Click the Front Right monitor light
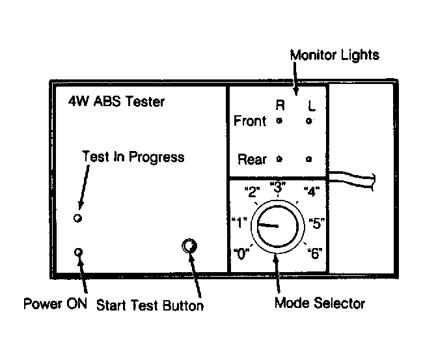point(279,120)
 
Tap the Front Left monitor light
point(309,121)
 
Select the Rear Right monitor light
point(279,159)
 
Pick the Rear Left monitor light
point(309,159)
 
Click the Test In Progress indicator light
point(77,218)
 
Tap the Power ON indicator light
point(78,252)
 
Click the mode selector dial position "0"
point(241,253)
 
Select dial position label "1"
point(239,223)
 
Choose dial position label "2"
point(252,191)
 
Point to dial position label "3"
point(278,187)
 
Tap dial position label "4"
point(312,191)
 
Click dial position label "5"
point(317,223)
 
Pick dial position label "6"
point(315,253)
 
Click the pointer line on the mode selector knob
point(268,225)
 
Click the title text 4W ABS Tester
point(116,102)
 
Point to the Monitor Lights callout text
point(334,55)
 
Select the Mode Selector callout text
point(320,303)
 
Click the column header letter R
point(280,105)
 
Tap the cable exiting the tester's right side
point(351,180)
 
